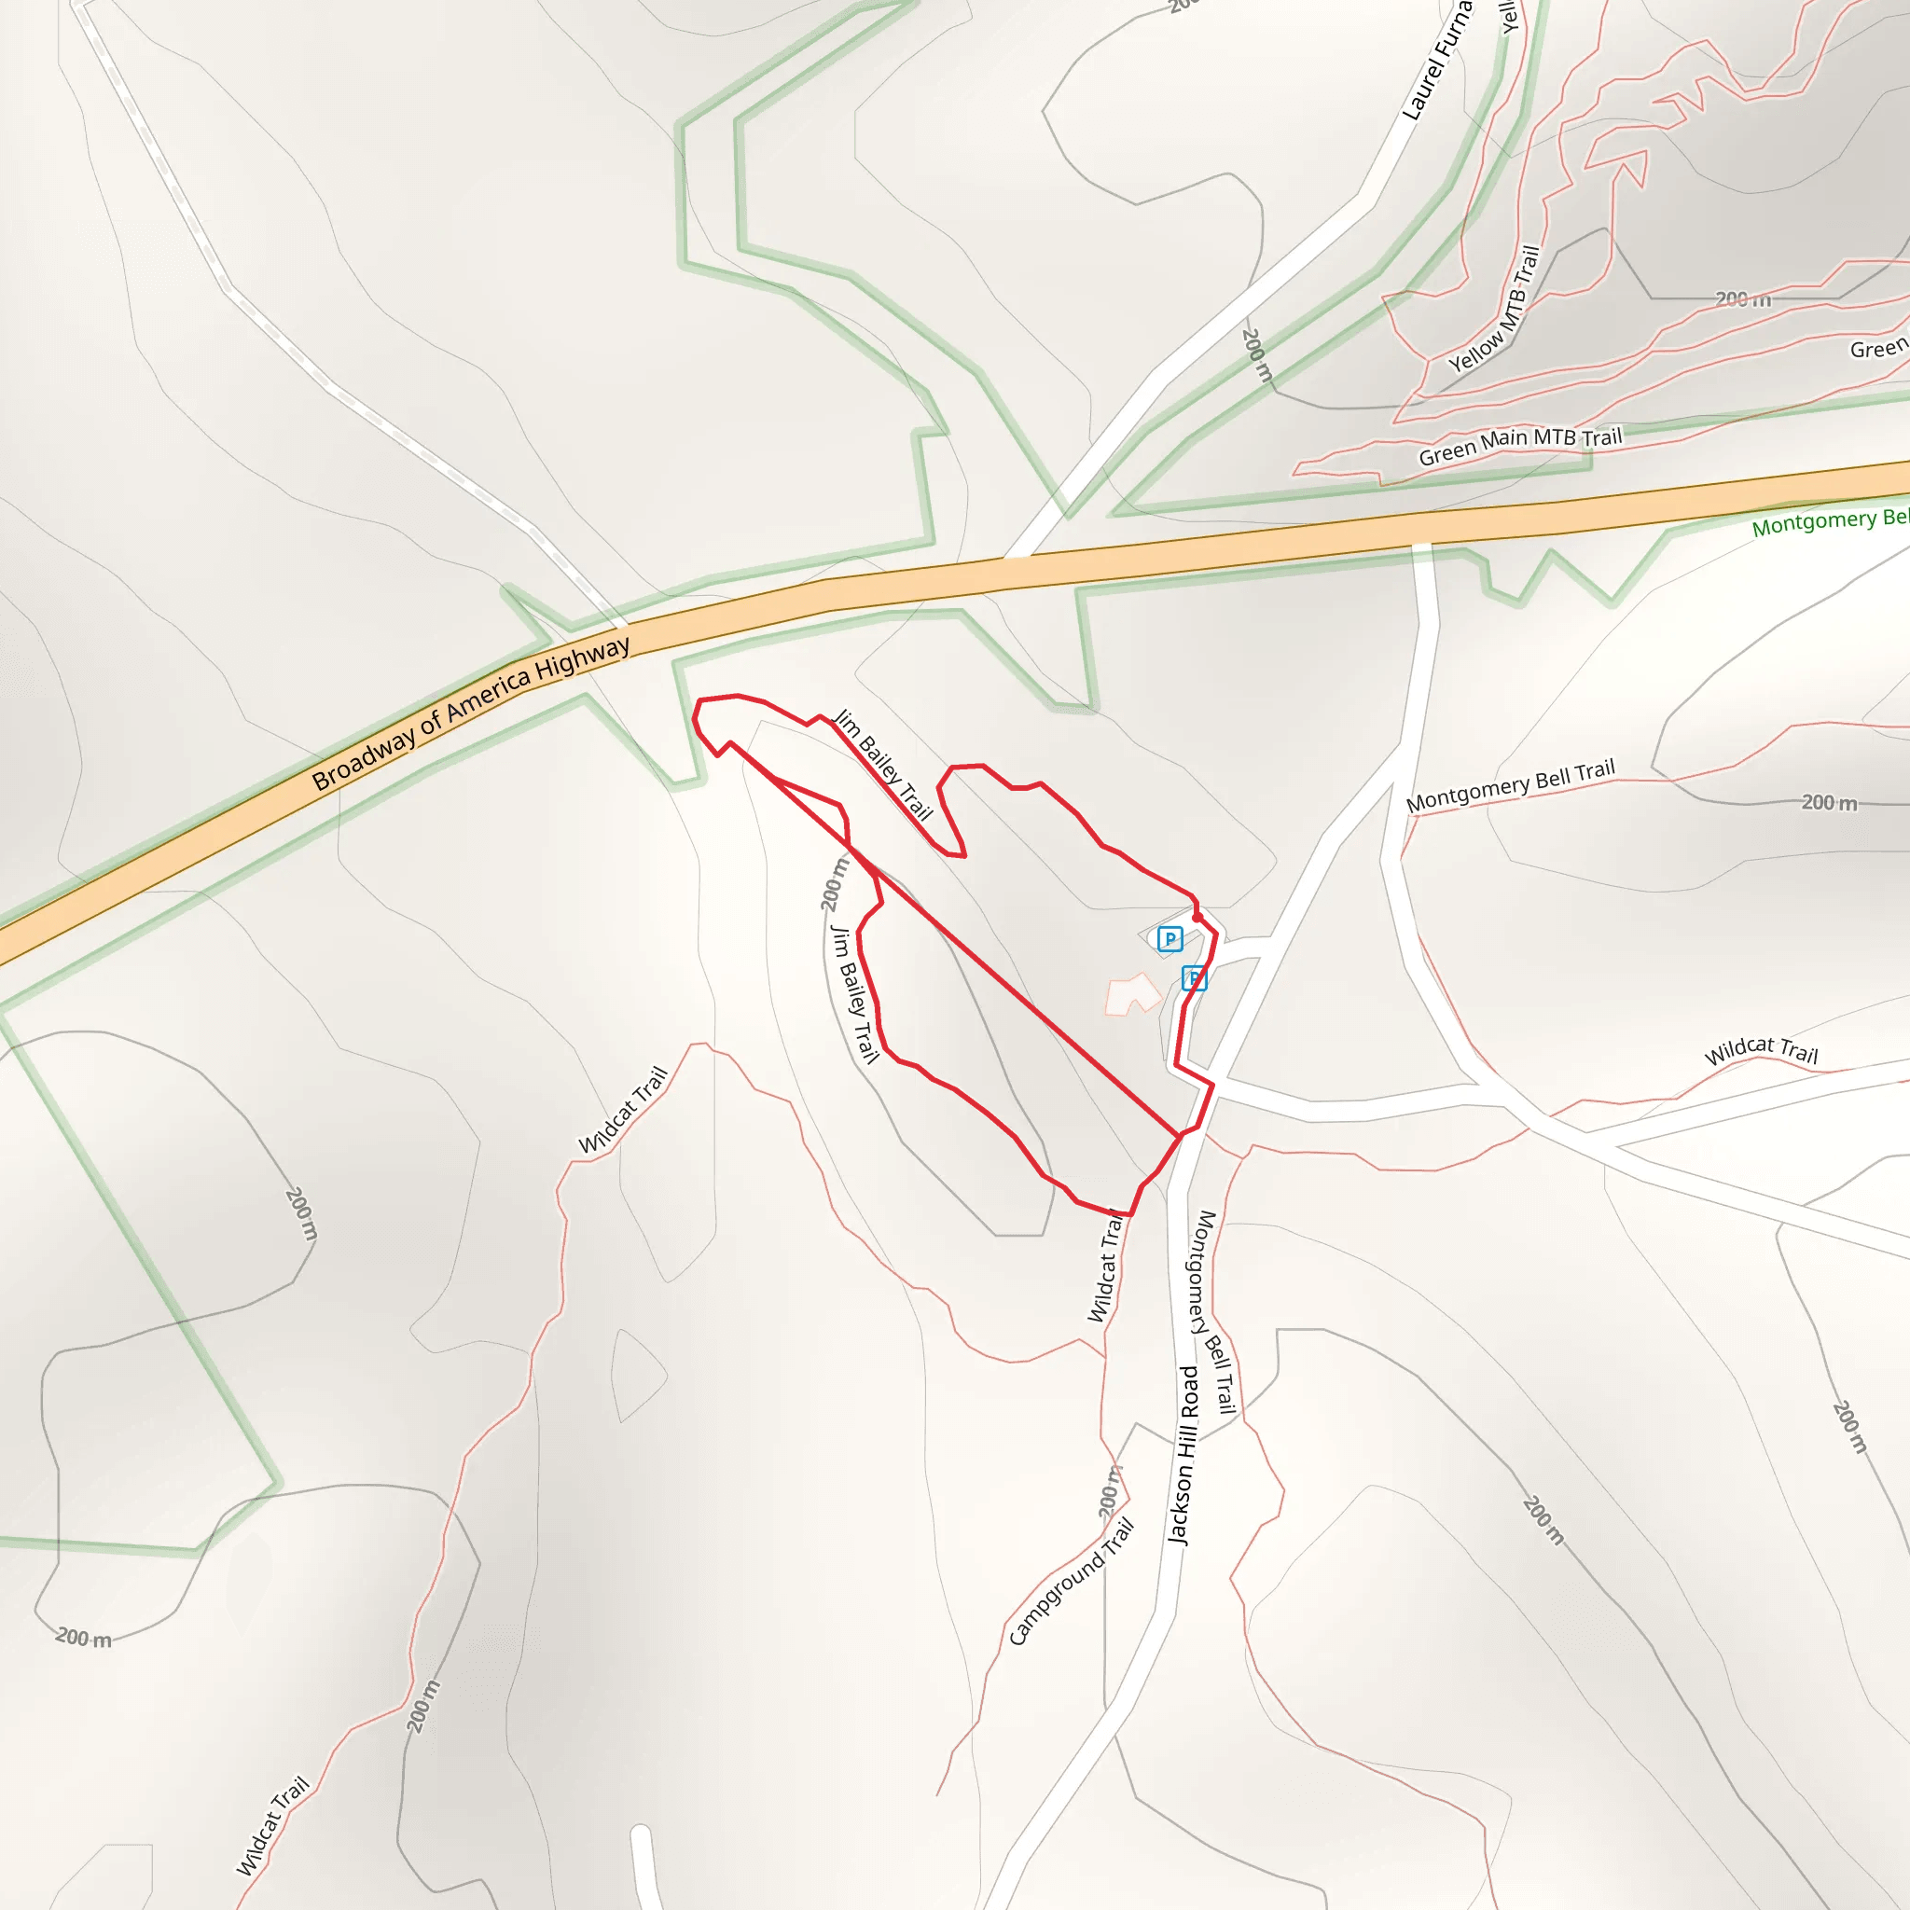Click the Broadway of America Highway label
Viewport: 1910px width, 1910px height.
tap(471, 713)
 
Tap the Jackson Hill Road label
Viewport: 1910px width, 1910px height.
tap(1183, 1454)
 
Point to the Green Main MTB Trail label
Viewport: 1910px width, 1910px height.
tap(1519, 446)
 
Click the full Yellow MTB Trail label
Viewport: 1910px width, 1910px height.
tap(1495, 309)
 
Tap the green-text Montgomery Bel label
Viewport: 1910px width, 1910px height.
tap(1829, 521)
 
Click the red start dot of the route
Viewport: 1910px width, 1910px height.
tap(1197, 918)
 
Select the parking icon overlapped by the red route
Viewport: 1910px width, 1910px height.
tap(1195, 978)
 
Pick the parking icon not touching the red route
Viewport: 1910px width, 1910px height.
tap(1170, 938)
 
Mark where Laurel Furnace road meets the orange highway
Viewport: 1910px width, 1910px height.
tap(1018, 557)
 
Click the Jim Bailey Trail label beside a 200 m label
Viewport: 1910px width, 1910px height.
tap(854, 993)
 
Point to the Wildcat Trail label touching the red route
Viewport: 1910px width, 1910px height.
tap(1108, 1266)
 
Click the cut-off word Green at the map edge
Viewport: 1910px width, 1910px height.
tap(1878, 348)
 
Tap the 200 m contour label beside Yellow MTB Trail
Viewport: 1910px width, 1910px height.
tap(1743, 298)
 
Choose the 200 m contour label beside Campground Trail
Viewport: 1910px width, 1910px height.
tap(1110, 1491)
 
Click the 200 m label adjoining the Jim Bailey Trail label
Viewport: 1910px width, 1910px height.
tap(835, 884)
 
